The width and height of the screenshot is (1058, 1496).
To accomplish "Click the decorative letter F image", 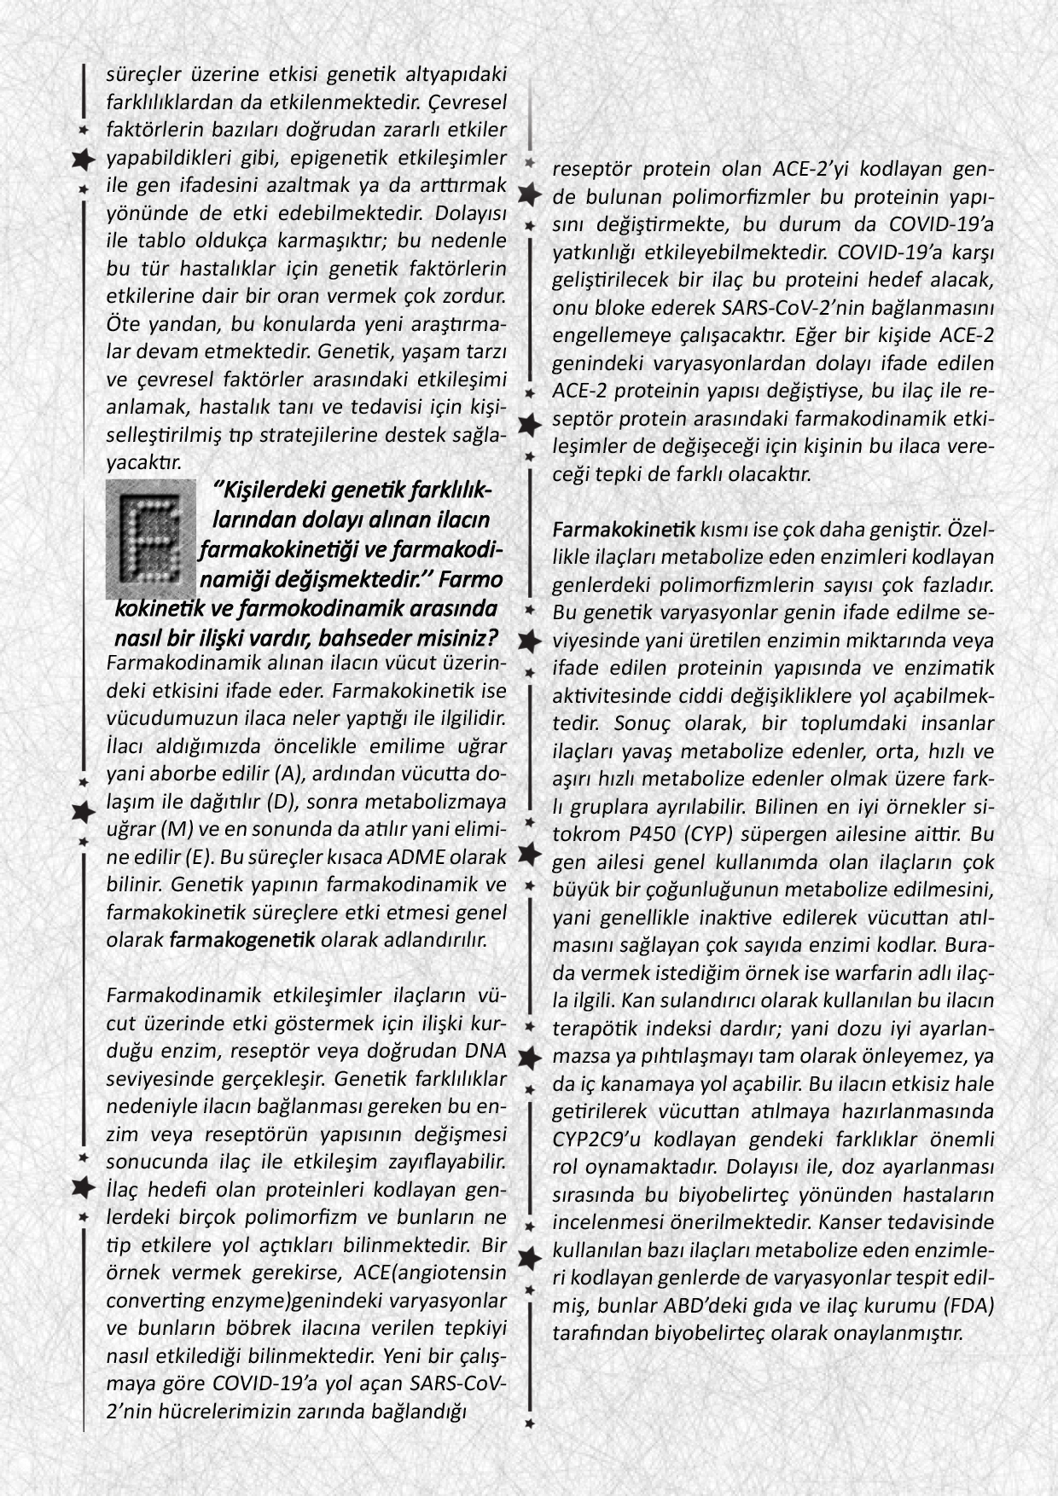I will tap(151, 539).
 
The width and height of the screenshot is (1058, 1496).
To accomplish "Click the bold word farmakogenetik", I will tap(242, 940).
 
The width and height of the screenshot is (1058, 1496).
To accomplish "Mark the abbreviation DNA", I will tap(486, 1050).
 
